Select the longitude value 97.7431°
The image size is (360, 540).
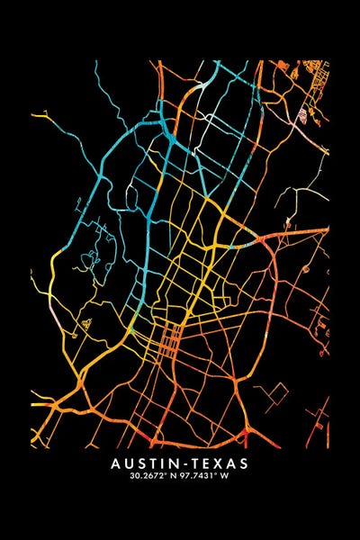(x=203, y=476)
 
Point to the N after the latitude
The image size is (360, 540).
(x=171, y=476)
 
